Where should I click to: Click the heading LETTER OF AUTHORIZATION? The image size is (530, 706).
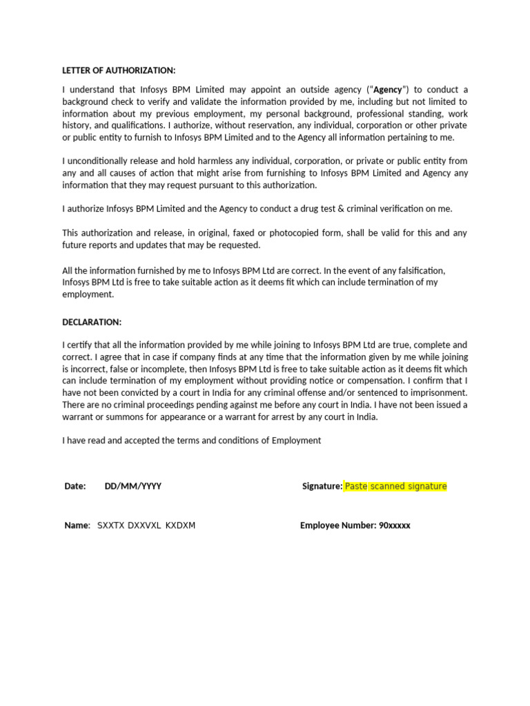click(119, 70)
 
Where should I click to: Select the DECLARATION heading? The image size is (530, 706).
click(92, 322)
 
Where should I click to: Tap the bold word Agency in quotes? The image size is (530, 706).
click(387, 90)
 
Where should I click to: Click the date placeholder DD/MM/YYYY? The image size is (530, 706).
click(133, 486)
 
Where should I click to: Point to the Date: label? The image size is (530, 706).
click(75, 486)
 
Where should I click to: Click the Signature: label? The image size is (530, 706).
click(322, 486)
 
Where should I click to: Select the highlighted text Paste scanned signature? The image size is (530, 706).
click(395, 486)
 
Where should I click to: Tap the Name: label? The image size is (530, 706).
click(77, 525)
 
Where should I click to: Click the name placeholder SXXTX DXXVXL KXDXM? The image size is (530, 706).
click(146, 525)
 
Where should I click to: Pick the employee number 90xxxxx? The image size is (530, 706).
click(395, 525)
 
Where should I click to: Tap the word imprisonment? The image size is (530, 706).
click(438, 392)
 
